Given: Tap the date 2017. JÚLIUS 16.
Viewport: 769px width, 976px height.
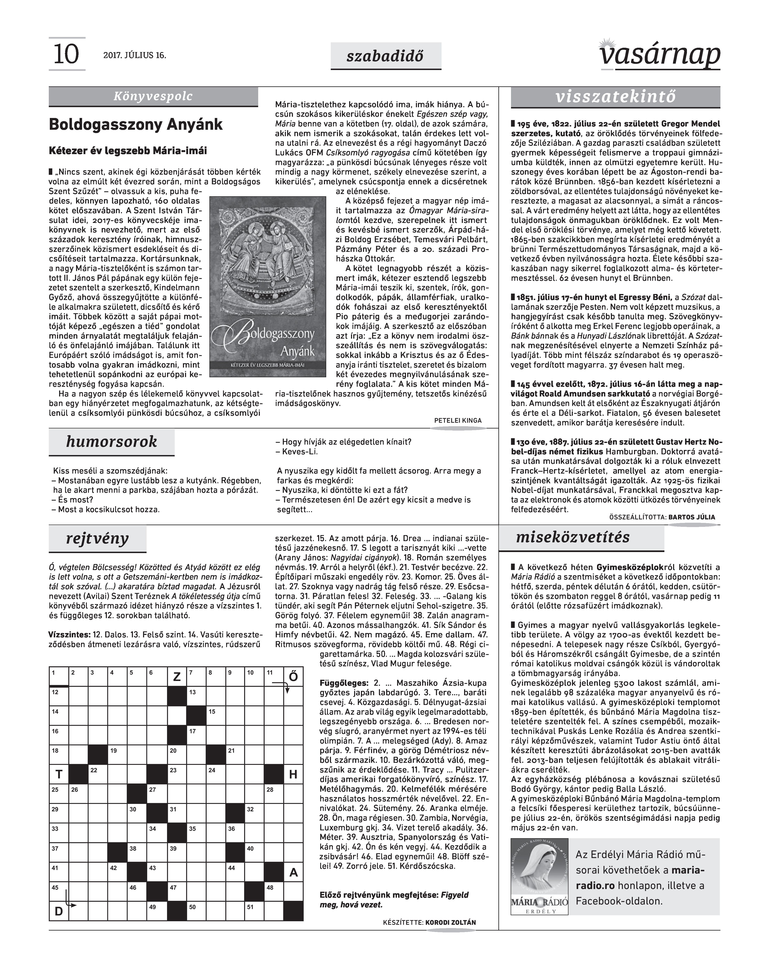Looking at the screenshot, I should point(135,55).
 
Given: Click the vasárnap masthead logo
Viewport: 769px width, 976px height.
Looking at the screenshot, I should point(660,54).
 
